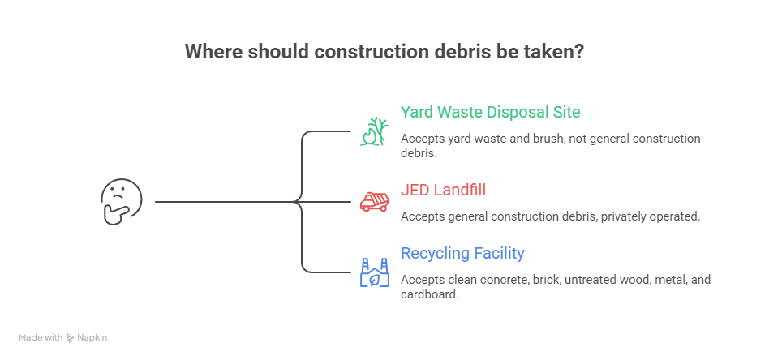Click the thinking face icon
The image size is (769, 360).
[121, 202]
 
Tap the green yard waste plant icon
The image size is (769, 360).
[375, 131]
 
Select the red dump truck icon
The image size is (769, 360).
[375, 202]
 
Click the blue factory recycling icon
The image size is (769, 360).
[375, 272]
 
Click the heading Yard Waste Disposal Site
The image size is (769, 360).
[491, 113]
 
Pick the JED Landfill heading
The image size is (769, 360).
[444, 190]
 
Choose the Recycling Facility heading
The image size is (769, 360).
[462, 254]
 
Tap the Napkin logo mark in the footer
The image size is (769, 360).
[71, 337]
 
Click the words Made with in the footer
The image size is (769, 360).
[41, 337]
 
